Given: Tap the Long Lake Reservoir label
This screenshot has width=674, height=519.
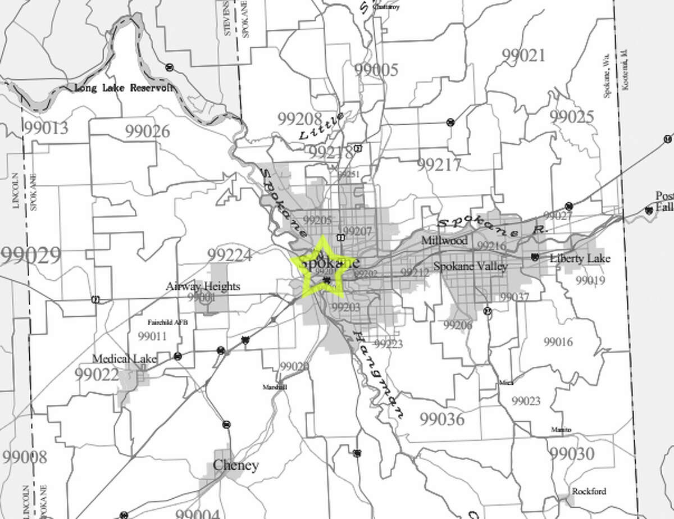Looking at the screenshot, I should tap(124, 88).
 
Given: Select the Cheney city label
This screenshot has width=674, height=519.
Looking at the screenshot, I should tap(236, 465).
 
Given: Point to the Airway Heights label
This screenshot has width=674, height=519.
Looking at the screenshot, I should tap(203, 286).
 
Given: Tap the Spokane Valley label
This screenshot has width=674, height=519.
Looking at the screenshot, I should tap(471, 266).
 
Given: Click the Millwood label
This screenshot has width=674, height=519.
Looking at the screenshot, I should tap(444, 240).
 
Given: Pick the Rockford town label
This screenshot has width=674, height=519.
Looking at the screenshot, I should tap(589, 491).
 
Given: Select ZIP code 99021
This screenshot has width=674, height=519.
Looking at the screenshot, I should tap(523, 55).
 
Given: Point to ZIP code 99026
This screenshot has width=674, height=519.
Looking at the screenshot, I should tap(148, 131).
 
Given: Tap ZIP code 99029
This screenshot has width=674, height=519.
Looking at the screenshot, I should tap(30, 256).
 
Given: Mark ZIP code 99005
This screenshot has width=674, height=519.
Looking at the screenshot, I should tap(376, 70).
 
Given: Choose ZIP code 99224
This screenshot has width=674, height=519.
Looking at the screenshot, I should tap(229, 254).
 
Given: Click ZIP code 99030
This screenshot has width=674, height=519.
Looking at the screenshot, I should tap(571, 453).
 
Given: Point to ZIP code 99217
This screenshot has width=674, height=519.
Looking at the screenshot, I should tap(439, 165).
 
